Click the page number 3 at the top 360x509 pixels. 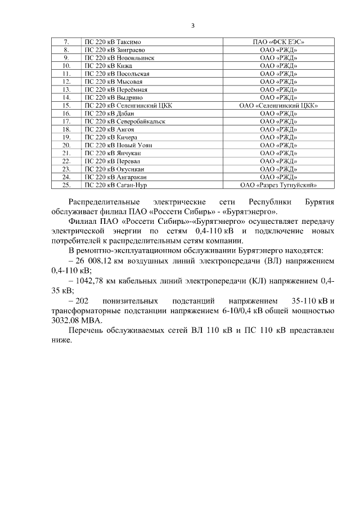[x=192, y=25]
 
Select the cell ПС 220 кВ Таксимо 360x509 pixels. [x=112, y=42]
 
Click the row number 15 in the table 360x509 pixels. [x=66, y=105]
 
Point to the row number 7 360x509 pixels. [x=66, y=42]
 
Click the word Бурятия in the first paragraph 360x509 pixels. [x=319, y=201]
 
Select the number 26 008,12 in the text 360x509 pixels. [x=97, y=262]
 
